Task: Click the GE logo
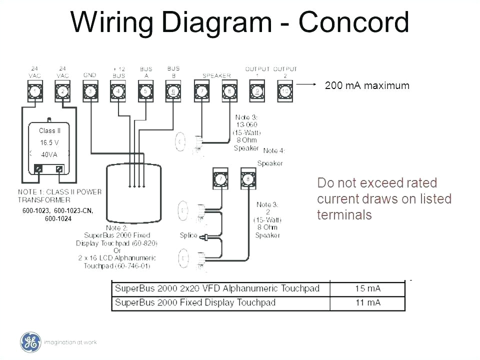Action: coord(30,342)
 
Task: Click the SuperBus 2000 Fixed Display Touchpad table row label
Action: coord(195,302)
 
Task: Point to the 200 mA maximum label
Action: coord(367,86)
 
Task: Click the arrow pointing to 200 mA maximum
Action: coord(307,85)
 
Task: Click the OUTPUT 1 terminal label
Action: coord(257,71)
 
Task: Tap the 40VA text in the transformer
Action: coord(49,154)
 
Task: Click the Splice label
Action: coord(188,235)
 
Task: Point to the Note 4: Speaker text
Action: coord(270,157)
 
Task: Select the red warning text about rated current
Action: coord(384,199)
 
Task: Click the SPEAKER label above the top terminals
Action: coord(216,75)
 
